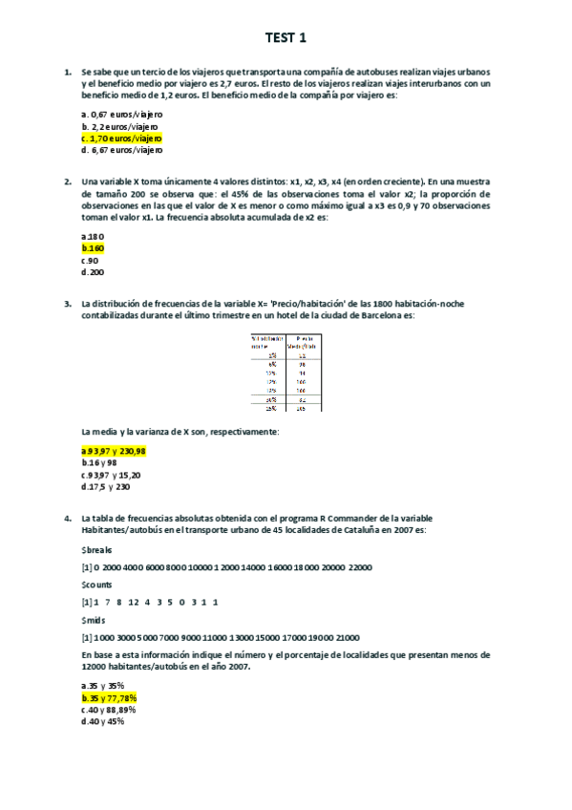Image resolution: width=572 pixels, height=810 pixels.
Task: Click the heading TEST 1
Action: click(286, 38)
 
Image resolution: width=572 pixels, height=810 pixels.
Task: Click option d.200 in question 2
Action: click(93, 272)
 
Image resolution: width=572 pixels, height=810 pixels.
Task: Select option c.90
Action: click(91, 260)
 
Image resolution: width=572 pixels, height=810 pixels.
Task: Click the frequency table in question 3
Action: click(285, 372)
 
